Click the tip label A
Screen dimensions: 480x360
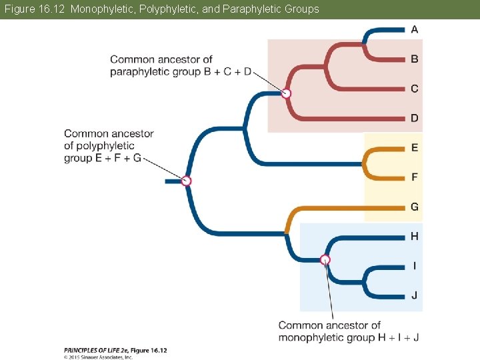tap(415, 29)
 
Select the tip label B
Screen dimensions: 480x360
tap(415, 59)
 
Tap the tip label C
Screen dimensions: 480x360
tap(415, 89)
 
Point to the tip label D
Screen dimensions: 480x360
tap(415, 118)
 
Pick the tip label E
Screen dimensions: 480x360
tap(415, 147)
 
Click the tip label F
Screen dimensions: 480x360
tap(415, 177)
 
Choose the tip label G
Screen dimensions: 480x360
tap(415, 207)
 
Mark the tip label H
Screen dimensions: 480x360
tap(415, 236)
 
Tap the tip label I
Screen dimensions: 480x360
tap(415, 266)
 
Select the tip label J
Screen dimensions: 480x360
tap(415, 295)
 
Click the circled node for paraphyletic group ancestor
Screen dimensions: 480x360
tap(286, 94)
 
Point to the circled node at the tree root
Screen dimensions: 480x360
tap(187, 181)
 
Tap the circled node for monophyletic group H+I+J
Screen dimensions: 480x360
tap(325, 260)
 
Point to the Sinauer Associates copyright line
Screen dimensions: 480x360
tap(98, 357)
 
